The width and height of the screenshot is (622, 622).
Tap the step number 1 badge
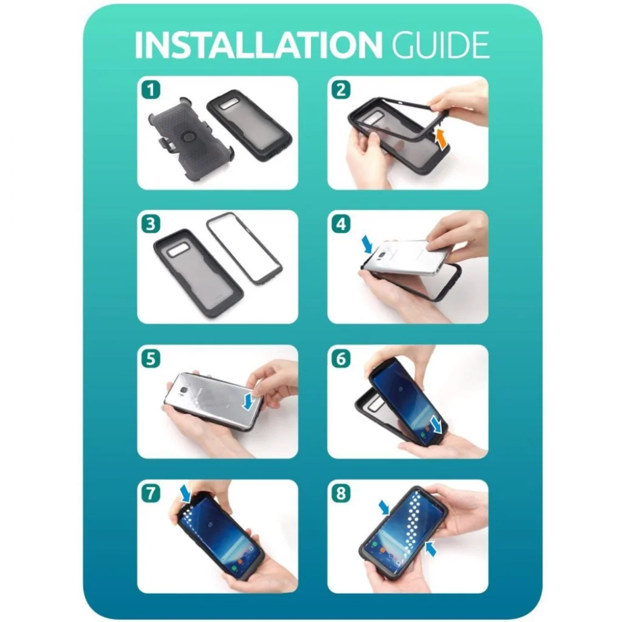click(x=151, y=90)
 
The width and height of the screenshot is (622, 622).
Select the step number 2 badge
click(x=341, y=90)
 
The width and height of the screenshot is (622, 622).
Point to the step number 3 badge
click(x=151, y=224)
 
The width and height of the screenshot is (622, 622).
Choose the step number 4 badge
click(x=341, y=224)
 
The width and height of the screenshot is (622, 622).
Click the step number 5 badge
click(x=151, y=359)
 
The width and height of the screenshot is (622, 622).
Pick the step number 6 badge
click(x=341, y=359)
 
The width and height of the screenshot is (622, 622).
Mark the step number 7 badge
click(x=151, y=494)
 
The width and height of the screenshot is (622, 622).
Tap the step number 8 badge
click(x=341, y=494)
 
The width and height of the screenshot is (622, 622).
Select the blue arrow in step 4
click(x=367, y=244)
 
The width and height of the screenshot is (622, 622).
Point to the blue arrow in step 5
click(x=250, y=401)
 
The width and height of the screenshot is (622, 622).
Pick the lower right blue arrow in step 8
click(x=431, y=549)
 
